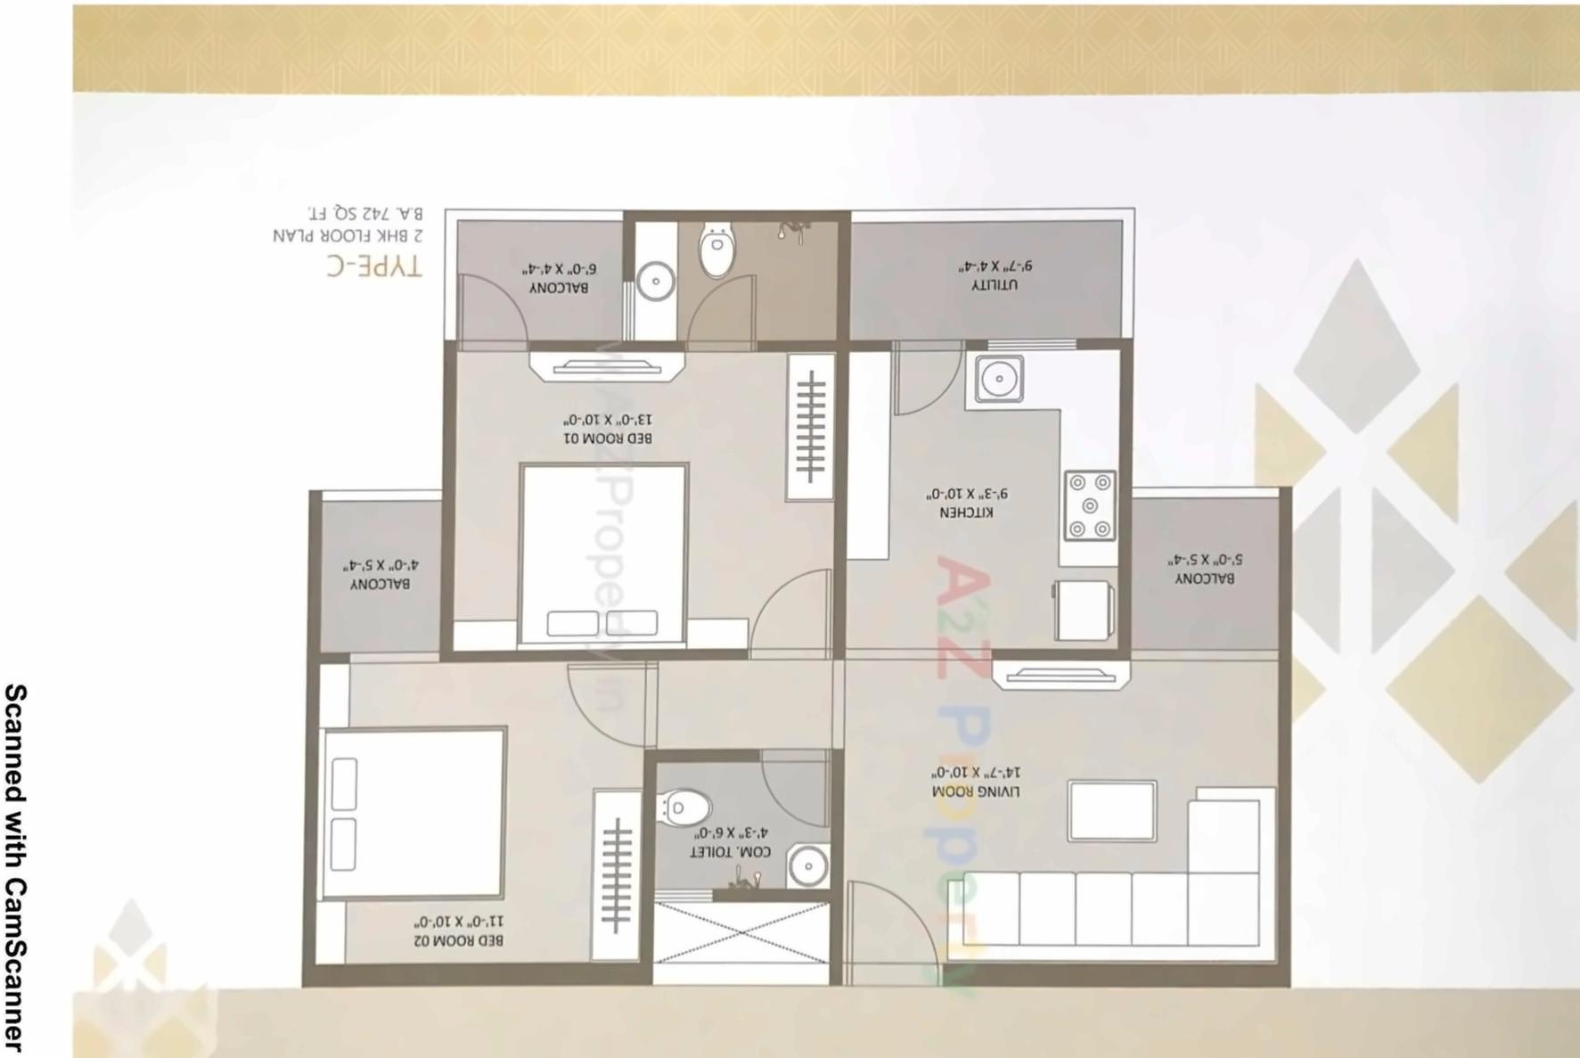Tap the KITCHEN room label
click(966, 513)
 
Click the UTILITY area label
click(995, 285)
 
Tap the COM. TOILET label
click(731, 852)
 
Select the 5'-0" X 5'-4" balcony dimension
click(1205, 560)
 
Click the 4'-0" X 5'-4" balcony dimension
click(380, 565)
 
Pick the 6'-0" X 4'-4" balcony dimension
click(559, 268)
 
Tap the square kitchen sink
click(999, 379)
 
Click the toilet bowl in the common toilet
click(684, 808)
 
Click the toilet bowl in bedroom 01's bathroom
click(716, 251)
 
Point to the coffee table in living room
click(1112, 811)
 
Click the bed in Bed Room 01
click(603, 553)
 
